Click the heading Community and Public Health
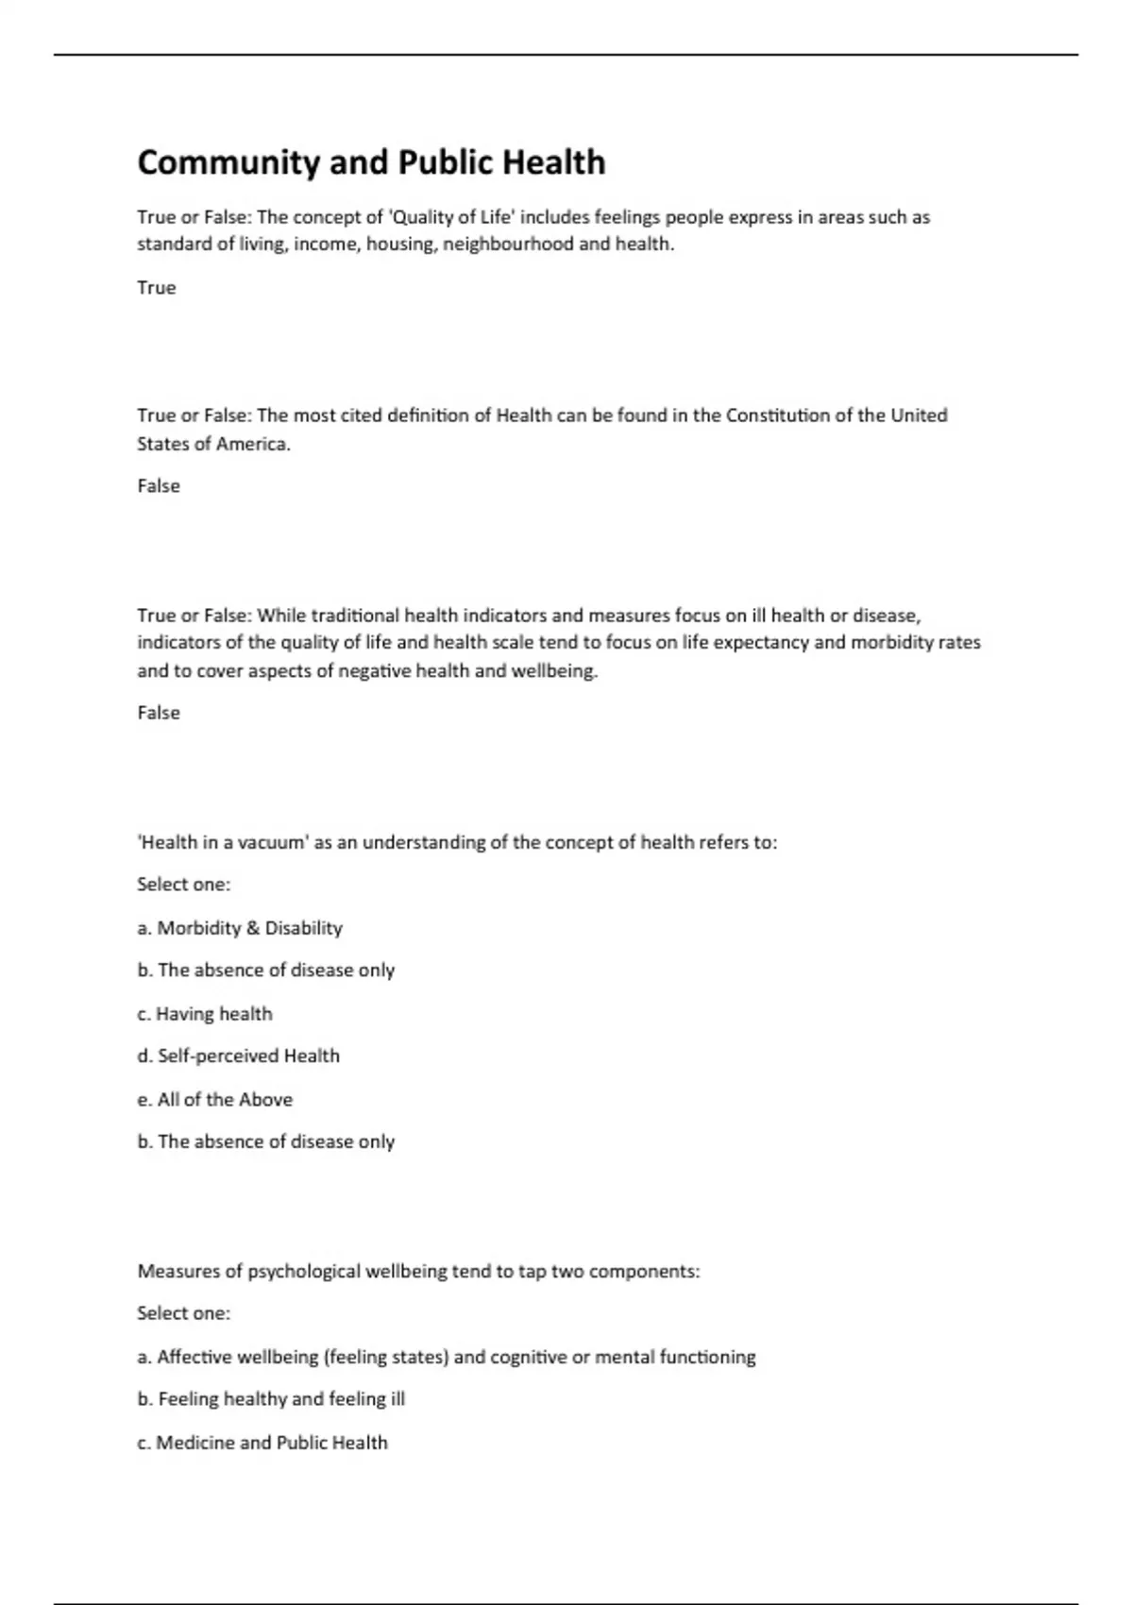[371, 162]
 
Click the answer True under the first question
[157, 288]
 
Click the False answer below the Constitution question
[159, 486]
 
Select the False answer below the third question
[159, 713]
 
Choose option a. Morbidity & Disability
[240, 928]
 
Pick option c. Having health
[205, 1014]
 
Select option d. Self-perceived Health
[238, 1056]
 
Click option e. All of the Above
[214, 1100]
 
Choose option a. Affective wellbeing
[446, 1358]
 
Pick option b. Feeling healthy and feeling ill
[271, 1399]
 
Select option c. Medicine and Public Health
[262, 1443]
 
